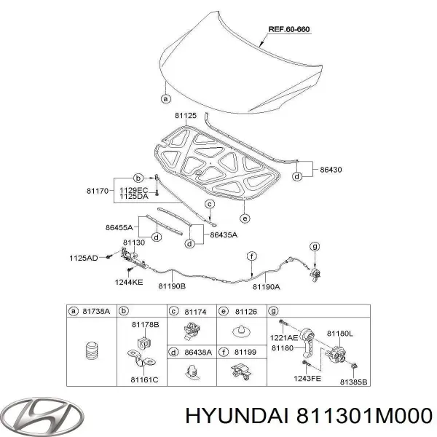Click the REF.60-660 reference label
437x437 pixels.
[289, 29]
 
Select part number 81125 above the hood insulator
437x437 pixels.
[186, 115]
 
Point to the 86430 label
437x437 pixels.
[331, 170]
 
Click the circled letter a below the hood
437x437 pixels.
[166, 98]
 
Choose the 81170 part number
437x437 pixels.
[98, 191]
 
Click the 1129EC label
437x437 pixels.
[134, 190]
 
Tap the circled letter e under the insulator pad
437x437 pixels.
[245, 219]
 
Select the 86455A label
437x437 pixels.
[119, 227]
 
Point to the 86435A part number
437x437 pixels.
[224, 235]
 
